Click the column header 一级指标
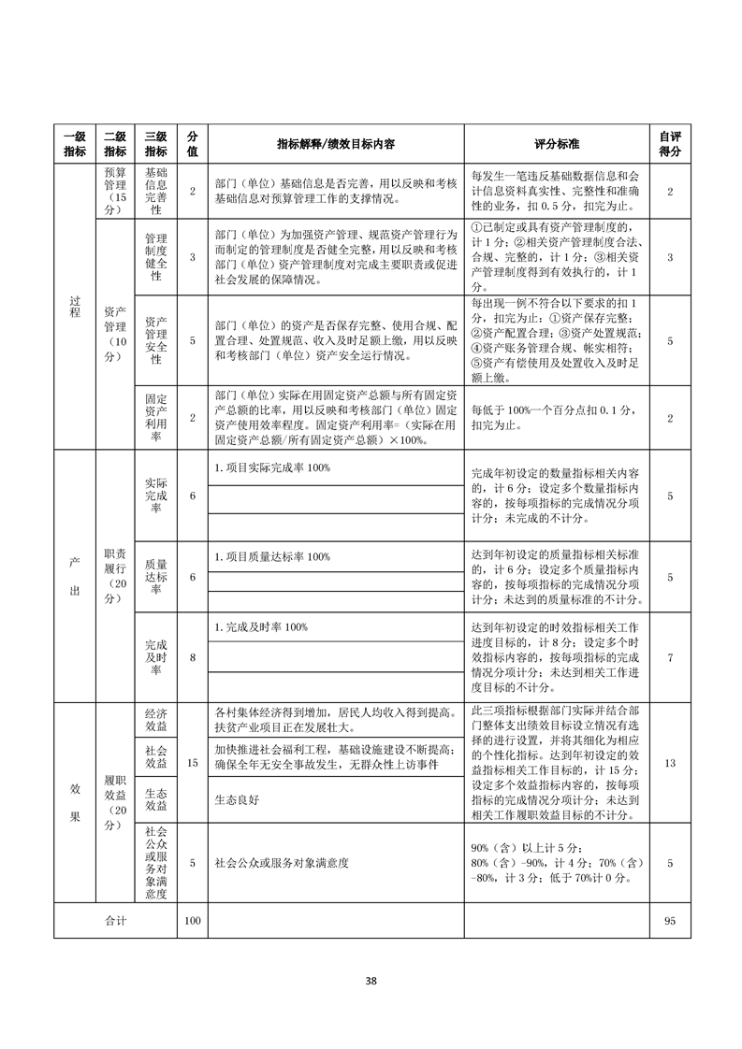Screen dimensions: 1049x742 pyautogui.click(x=74, y=144)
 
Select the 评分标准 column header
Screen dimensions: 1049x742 pyautogui.click(x=557, y=145)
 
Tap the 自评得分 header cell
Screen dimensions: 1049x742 pyautogui.click(x=669, y=144)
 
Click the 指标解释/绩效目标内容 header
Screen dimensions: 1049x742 pyautogui.click(x=336, y=145)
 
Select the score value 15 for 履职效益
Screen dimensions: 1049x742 pyautogui.click(x=193, y=764)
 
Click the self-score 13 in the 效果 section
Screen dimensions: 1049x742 pyautogui.click(x=669, y=764)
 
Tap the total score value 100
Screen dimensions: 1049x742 pyautogui.click(x=193, y=921)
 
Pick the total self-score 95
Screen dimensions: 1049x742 pyautogui.click(x=669, y=921)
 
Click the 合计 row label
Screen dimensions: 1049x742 pyautogui.click(x=115, y=921)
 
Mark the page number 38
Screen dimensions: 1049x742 pyautogui.click(x=371, y=981)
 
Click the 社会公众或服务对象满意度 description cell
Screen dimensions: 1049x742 pyautogui.click(x=282, y=863)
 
